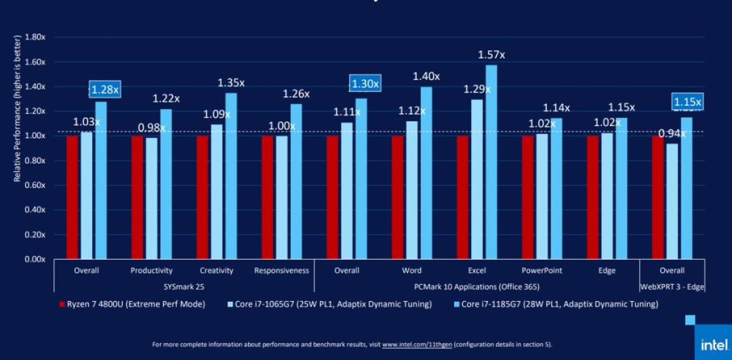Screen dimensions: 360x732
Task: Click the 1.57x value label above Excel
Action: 491,55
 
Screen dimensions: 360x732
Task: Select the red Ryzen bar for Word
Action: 398,197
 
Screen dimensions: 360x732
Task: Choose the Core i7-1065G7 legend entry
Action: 329,304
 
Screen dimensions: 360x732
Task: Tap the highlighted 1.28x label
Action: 104,89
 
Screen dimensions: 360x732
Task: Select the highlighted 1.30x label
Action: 364,84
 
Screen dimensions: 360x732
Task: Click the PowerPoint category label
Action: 542,271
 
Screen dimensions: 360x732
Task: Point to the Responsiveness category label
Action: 281,271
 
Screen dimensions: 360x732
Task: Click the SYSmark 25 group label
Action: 184,286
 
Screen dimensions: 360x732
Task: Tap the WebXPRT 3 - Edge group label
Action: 672,286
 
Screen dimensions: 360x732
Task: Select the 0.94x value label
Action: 672,134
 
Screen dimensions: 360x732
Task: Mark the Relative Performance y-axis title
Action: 18,108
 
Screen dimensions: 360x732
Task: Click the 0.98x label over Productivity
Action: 151,128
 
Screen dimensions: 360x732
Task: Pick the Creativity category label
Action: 217,271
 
